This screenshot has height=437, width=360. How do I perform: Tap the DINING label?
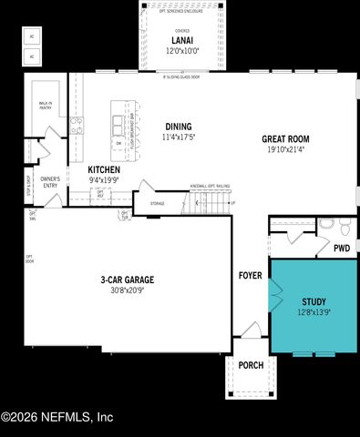coord(179,127)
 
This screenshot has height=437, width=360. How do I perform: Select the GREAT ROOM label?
coord(285,139)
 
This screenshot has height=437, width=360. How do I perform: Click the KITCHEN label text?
coord(104,170)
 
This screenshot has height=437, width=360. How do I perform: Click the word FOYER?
coord(250,274)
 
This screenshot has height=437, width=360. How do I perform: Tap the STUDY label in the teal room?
coord(314,301)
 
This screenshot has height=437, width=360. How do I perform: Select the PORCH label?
coord(250,365)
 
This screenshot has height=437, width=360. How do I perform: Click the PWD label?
coord(342,248)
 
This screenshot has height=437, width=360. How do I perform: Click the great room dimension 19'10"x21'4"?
coord(285,149)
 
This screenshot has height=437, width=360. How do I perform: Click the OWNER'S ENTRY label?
coord(49,184)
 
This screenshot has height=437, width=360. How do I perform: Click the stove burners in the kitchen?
coord(77,126)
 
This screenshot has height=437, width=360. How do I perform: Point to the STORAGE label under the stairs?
coord(158,203)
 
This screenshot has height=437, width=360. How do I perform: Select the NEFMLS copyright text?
coord(57,418)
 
